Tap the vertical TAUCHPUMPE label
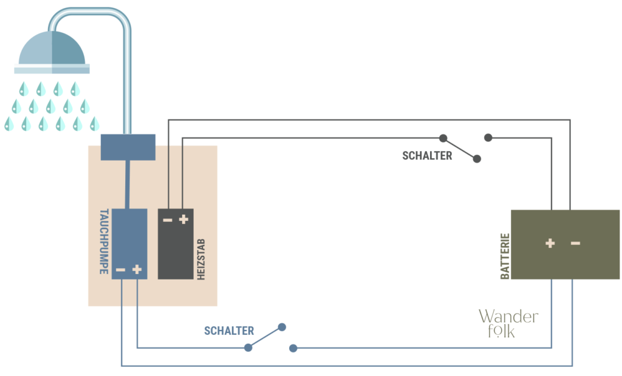coord(104,242)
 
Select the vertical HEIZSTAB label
coord(201,260)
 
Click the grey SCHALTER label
coord(427,156)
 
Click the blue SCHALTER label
coord(229,331)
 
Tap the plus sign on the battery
coord(550,243)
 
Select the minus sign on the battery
coord(575,243)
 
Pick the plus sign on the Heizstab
coord(183,220)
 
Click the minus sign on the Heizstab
coord(168,220)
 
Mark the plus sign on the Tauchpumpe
coord(137,269)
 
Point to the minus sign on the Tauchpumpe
coord(121,270)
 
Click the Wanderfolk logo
coord(508,323)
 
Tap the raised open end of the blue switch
coord(282,327)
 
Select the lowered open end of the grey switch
coord(477,159)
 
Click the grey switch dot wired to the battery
coord(488,138)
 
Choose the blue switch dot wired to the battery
coord(293,348)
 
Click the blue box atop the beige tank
coord(128,147)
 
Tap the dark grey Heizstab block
coord(176,244)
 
